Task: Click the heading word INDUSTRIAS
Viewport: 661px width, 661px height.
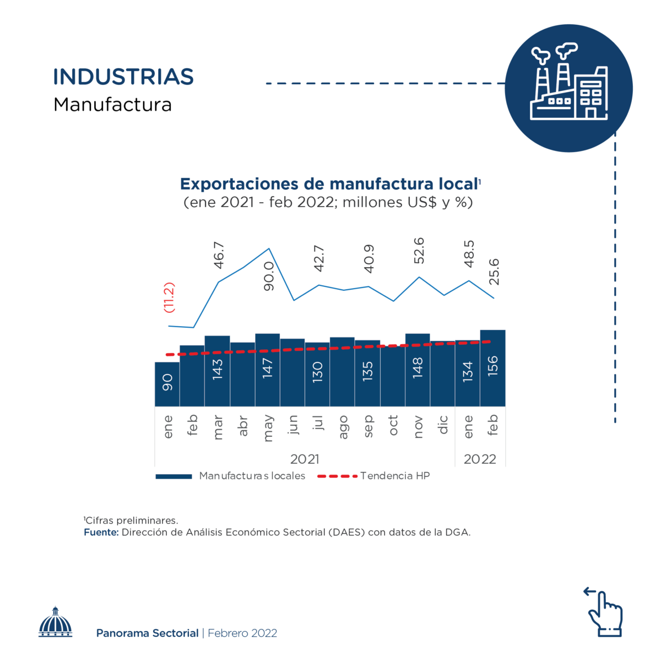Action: (x=123, y=77)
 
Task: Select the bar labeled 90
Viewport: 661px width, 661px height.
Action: (x=167, y=384)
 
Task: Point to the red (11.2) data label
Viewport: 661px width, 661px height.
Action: (x=169, y=297)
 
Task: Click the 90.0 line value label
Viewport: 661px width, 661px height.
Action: (x=269, y=276)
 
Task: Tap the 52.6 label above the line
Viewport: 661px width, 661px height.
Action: (x=419, y=250)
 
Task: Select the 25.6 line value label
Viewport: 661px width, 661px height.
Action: (x=494, y=271)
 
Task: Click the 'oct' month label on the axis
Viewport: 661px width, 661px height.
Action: (x=393, y=426)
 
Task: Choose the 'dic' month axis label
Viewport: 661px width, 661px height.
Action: (x=443, y=425)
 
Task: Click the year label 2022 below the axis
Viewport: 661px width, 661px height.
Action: (x=480, y=459)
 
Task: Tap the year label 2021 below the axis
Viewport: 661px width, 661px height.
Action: (x=305, y=459)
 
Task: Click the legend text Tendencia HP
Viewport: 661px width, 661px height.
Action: (x=395, y=476)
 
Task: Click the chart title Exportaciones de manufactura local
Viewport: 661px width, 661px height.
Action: (x=329, y=184)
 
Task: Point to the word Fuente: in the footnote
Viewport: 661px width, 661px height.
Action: (x=101, y=532)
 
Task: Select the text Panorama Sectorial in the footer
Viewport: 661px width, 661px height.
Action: (x=147, y=633)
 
